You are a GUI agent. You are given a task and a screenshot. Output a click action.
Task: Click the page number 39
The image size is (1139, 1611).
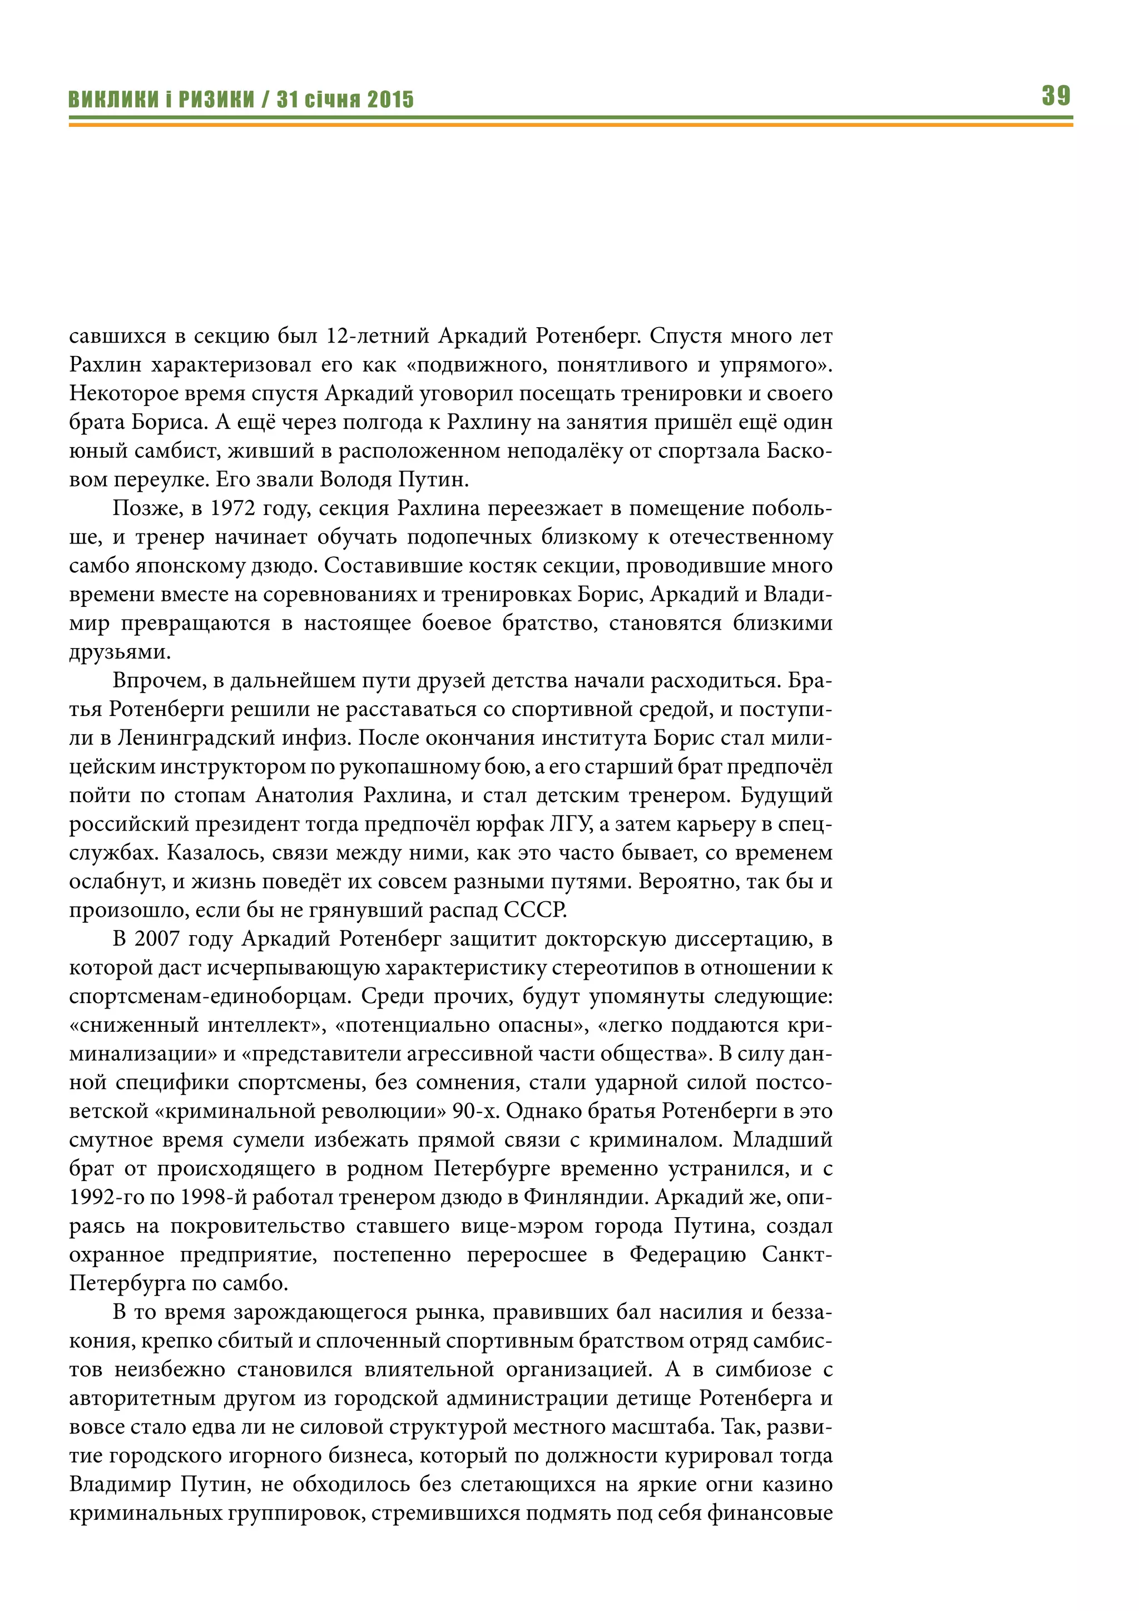[1056, 96]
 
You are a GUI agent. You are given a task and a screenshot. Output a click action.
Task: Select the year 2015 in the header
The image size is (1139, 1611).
[390, 100]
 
